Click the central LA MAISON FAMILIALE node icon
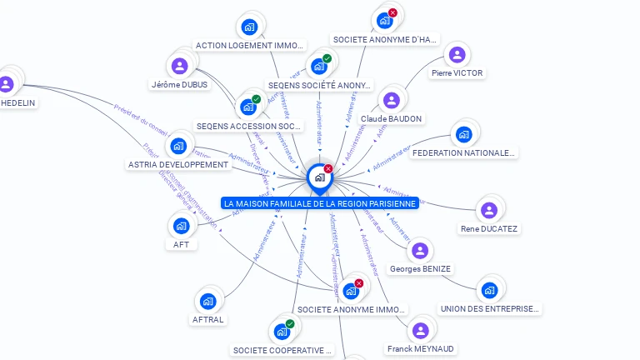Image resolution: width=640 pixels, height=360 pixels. pyautogui.click(x=319, y=177)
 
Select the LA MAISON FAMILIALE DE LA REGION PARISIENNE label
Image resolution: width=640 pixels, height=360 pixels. pyautogui.click(x=319, y=203)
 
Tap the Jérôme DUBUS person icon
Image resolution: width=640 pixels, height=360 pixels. pyautogui.click(x=180, y=65)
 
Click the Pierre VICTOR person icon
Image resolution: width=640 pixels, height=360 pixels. pyautogui.click(x=456, y=55)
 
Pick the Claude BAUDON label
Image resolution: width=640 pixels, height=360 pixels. pyautogui.click(x=391, y=119)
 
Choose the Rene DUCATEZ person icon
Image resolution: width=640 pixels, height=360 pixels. pyautogui.click(x=489, y=210)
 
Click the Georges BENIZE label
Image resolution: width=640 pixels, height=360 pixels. pyautogui.click(x=420, y=269)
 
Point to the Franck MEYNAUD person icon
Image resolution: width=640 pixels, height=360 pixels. pyautogui.click(x=421, y=330)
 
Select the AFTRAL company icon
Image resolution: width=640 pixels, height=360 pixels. pyautogui.click(x=208, y=301)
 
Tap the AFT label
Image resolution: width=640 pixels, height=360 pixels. pyautogui.click(x=181, y=245)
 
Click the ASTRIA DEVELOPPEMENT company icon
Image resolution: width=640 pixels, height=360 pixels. pyautogui.click(x=177, y=147)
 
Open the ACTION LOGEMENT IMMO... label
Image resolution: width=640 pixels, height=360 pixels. pyautogui.click(x=250, y=45)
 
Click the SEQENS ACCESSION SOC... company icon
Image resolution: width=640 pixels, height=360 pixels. pyautogui.click(x=248, y=107)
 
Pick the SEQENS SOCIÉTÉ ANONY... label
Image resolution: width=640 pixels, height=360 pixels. pyautogui.click(x=320, y=85)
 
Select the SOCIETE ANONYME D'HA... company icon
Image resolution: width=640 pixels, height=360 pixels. pyautogui.click(x=384, y=20)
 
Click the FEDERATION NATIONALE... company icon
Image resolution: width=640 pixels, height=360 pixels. pyautogui.click(x=463, y=134)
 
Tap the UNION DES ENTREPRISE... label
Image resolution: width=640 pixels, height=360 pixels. pyautogui.click(x=489, y=309)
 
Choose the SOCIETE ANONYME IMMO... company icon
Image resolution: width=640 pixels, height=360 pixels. pyautogui.click(x=351, y=291)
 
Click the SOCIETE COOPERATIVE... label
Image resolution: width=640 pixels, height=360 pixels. pyautogui.click(x=282, y=350)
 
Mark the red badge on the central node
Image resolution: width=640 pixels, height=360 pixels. pyautogui.click(x=328, y=168)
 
